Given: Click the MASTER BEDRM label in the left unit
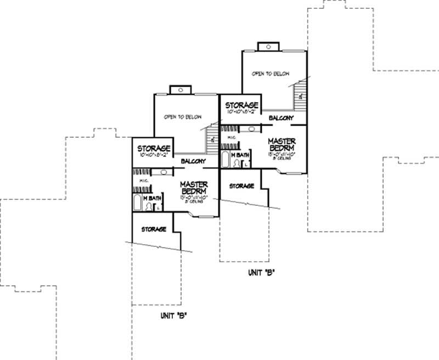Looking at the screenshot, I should (x=193, y=187).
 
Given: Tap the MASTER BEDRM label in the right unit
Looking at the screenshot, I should (x=282, y=145).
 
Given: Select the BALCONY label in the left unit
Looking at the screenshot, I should (x=193, y=161).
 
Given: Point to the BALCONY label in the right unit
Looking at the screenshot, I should (x=280, y=118).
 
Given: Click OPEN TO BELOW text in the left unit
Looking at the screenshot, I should (x=183, y=117).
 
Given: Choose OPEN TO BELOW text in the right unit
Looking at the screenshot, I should (x=271, y=74).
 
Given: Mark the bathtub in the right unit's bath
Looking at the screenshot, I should (x=225, y=160).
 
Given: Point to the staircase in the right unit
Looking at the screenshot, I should (x=301, y=93).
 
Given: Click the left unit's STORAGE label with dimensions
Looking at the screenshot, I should (x=154, y=151).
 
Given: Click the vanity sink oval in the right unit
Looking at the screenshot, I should (x=251, y=129).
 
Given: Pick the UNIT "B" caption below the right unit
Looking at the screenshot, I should (x=260, y=273).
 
